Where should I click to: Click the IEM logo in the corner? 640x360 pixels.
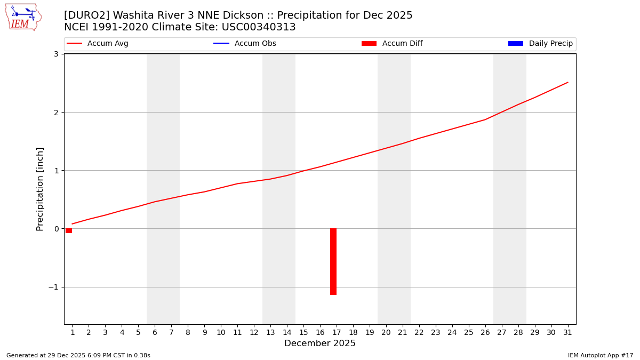tap(23, 17)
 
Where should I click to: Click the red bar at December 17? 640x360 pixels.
tap(333, 261)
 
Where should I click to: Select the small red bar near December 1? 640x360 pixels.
tap(69, 231)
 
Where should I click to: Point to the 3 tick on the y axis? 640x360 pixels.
tap(55, 54)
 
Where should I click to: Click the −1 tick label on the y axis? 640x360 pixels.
tap(53, 287)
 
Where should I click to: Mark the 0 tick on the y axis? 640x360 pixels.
tap(55, 229)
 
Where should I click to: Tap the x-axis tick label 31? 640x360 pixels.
tap(567, 332)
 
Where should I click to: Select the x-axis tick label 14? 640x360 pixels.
tap(287, 332)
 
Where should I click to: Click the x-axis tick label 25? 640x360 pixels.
tap(468, 332)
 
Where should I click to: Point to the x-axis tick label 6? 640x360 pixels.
tap(155, 332)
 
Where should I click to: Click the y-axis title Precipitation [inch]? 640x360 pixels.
tap(40, 189)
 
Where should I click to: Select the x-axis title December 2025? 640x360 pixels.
tap(320, 343)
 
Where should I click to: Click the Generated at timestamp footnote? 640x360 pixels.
tap(78, 355)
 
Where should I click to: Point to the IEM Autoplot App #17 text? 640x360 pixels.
tap(601, 355)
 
